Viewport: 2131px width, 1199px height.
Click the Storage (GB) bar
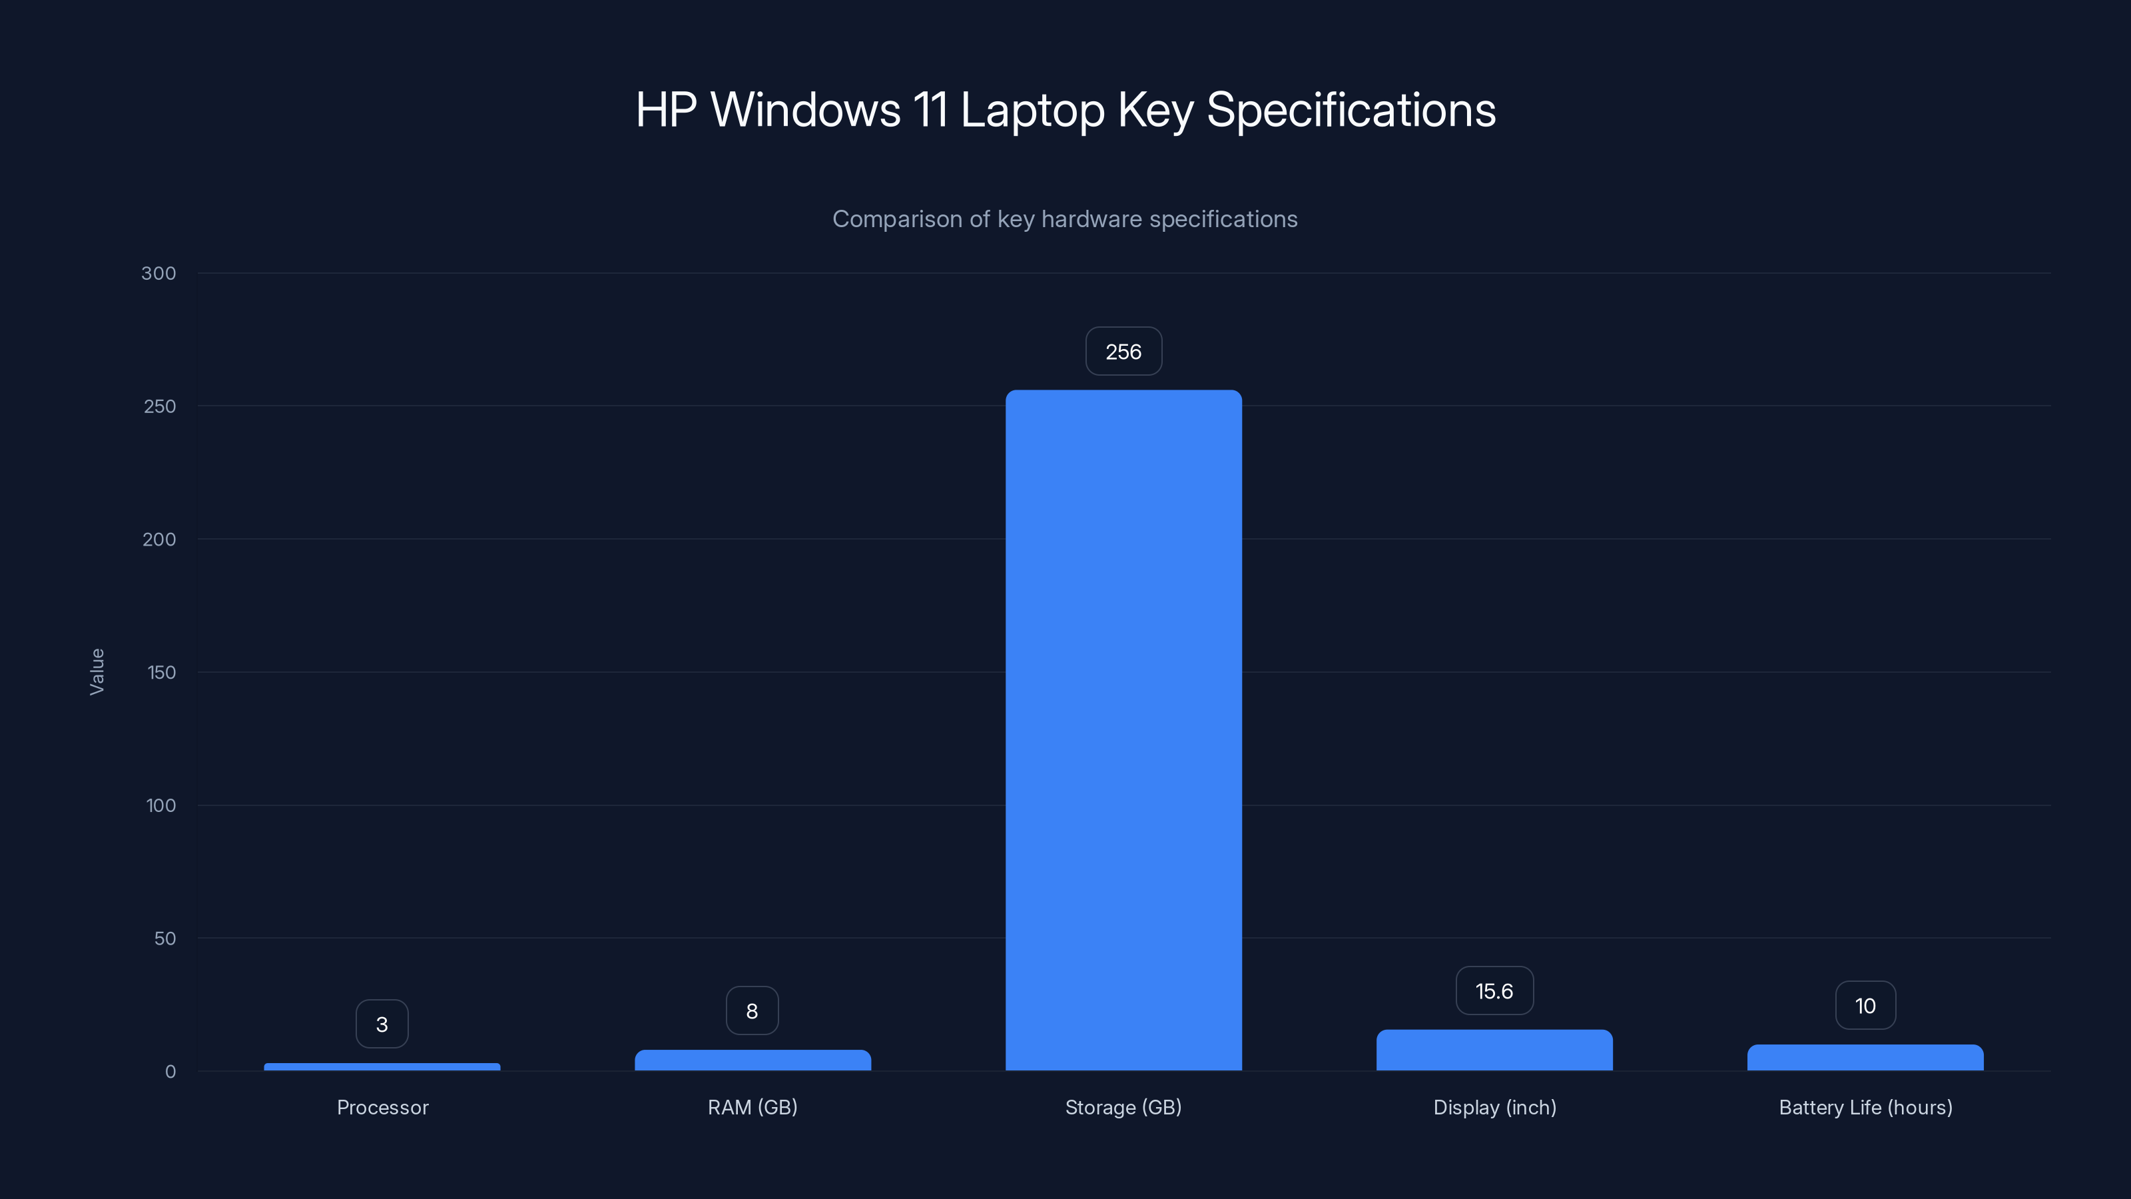[1123, 730]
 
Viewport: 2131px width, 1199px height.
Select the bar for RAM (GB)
[753, 1060]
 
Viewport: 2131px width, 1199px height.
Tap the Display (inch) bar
[1494, 1050]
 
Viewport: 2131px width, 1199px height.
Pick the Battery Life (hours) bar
[1865, 1058]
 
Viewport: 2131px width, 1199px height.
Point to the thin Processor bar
[382, 1066]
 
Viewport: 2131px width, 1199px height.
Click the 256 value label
[1123, 352]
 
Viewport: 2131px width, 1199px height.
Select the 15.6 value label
[1494, 991]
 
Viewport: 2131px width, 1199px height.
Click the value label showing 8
[752, 1011]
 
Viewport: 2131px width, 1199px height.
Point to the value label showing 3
[382, 1024]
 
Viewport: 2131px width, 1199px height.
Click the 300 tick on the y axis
[159, 274]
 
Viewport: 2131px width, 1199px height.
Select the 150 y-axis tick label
[161, 673]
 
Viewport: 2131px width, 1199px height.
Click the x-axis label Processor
[382, 1108]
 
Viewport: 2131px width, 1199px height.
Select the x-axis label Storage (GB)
[1123, 1108]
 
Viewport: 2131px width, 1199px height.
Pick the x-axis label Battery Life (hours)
[1865, 1108]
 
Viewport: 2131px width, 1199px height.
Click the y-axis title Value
[97, 672]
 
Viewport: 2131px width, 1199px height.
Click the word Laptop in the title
[1032, 110]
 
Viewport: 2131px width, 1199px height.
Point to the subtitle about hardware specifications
[1065, 219]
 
